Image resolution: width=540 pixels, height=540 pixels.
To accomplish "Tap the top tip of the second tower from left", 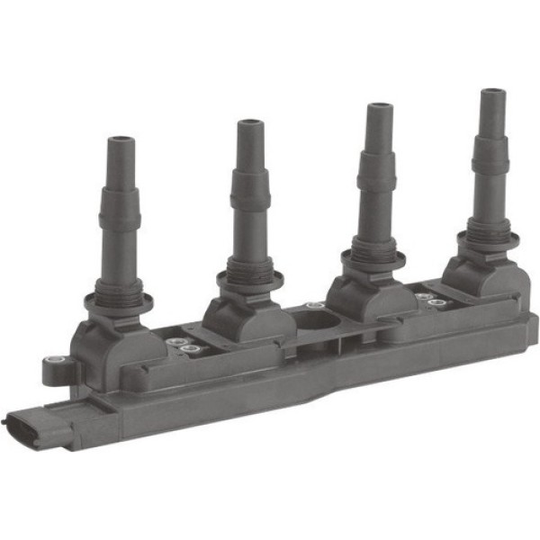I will click(249, 124).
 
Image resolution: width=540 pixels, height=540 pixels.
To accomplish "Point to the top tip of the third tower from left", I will click(378, 109).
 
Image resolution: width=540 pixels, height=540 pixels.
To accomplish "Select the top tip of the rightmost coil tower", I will click(492, 94).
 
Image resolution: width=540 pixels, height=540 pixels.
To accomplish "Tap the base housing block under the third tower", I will click(364, 297).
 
